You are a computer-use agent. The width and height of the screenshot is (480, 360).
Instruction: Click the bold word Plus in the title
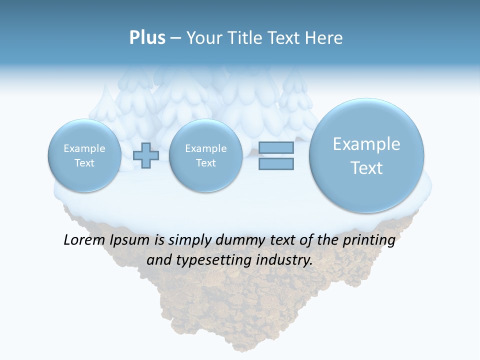147,38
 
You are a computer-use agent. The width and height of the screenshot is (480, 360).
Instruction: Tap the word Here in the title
324,38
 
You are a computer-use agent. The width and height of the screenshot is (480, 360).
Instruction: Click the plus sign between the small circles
146,155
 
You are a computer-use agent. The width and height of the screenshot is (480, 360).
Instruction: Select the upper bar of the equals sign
276,148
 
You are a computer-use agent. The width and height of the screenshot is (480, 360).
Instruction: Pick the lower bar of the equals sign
276,163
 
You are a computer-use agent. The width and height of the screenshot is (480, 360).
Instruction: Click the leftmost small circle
84,155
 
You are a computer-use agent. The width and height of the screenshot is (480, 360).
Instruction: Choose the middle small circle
205,155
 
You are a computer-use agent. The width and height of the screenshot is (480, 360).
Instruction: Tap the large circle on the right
366,155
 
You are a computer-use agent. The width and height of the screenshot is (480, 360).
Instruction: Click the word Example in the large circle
366,144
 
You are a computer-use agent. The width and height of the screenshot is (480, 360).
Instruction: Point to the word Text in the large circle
366,168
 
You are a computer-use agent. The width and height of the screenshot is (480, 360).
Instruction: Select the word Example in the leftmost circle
84,148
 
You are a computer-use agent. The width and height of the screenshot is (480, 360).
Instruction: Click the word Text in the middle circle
205,163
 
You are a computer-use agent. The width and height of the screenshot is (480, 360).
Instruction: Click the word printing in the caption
368,240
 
